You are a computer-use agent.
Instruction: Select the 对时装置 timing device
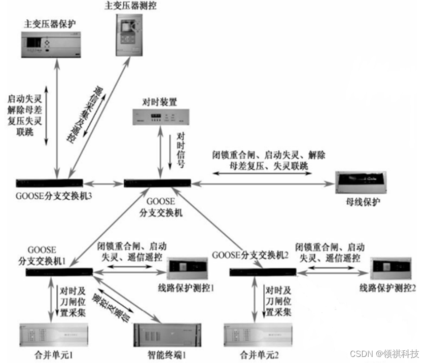tap(158, 117)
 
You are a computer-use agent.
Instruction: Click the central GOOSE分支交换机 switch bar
tap(157, 183)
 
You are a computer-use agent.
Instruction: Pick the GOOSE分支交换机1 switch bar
tap(59, 273)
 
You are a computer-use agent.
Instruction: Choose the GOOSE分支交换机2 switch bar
tap(262, 273)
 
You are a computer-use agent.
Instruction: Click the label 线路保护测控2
tap(388, 288)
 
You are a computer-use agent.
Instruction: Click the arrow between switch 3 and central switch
tap(104, 183)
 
